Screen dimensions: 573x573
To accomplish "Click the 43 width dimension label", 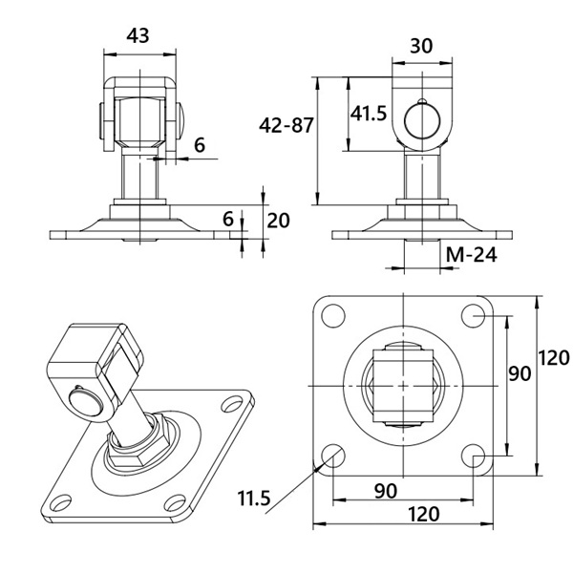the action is coord(138,36).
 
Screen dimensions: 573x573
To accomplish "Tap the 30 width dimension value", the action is coord(421,46).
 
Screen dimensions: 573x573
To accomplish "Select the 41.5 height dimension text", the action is coord(369,113).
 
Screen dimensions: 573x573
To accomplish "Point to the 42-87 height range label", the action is coord(286,125).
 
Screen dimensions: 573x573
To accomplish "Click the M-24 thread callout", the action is coord(472,254).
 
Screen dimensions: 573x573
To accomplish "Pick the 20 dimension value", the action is coord(278,221).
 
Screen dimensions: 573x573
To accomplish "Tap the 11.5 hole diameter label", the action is coord(254,499).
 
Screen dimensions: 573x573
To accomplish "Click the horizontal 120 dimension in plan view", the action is coord(423,514).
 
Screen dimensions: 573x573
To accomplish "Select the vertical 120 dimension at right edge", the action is coord(554,358).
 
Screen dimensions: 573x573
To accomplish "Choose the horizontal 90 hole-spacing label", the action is coord(386,491).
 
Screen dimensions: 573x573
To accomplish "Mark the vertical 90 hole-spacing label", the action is coord(520,373).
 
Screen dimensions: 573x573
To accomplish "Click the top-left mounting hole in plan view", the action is coord(333,316).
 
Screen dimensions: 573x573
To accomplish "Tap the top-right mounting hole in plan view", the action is coord(474,316).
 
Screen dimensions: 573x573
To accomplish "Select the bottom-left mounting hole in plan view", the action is coord(333,456).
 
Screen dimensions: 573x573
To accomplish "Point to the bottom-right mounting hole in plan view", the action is coord(474,456).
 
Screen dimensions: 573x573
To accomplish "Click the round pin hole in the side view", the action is coord(422,121).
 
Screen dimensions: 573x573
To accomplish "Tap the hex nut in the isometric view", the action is coord(138,443).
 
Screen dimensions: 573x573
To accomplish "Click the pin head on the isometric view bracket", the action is coord(86,401).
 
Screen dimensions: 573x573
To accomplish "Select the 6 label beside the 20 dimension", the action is coord(228,220).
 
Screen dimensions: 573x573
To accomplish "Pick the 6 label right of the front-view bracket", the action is coord(200,145).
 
